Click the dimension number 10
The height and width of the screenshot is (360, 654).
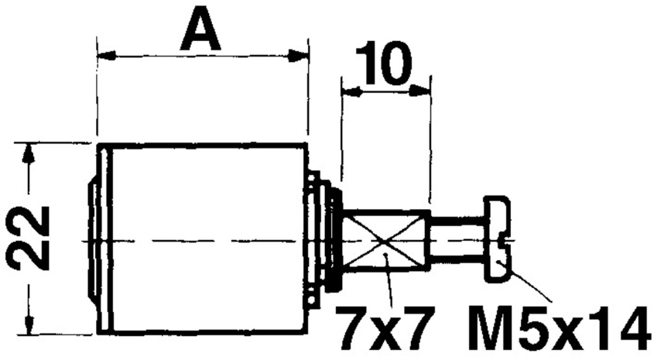coord(385,68)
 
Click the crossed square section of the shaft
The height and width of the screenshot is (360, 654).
coord(385,241)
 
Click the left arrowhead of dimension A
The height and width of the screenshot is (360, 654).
coord(104,56)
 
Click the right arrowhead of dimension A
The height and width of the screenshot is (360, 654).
coord(300,56)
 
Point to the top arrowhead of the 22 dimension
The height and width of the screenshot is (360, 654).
coord(29,154)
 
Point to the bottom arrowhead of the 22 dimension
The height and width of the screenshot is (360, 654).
coord(29,326)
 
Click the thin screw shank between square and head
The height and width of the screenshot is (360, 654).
coord(456,241)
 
